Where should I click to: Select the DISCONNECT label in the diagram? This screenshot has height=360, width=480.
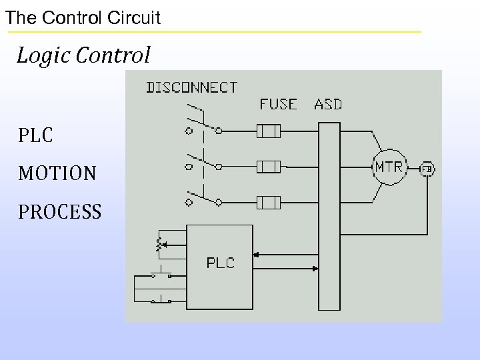191,87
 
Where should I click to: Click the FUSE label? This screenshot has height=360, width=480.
279,104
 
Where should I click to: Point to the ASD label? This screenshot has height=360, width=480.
328,104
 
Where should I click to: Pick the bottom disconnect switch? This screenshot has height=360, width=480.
203,196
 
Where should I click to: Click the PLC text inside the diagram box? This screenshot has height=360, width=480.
220,263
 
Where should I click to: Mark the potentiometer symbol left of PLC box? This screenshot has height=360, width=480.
159,245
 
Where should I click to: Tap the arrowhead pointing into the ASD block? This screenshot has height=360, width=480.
315,269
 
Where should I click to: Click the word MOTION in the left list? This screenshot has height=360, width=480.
57,174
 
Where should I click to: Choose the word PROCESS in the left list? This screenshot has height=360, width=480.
60,212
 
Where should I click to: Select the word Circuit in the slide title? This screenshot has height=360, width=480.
136,17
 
